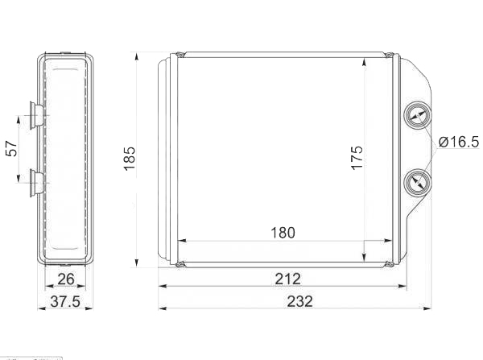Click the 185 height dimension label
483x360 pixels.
coord(130,158)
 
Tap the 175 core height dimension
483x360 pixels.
coord(357,158)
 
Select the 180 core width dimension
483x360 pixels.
coord(283,233)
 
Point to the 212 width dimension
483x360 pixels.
coord(287,279)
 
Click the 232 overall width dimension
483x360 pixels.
coord(299,301)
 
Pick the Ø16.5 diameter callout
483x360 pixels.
coord(459,142)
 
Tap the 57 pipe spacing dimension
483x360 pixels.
coord(12,148)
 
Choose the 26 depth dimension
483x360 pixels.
coord(66,279)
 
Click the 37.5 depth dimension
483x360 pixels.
coord(65,301)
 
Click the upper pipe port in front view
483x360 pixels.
coord(417,115)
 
